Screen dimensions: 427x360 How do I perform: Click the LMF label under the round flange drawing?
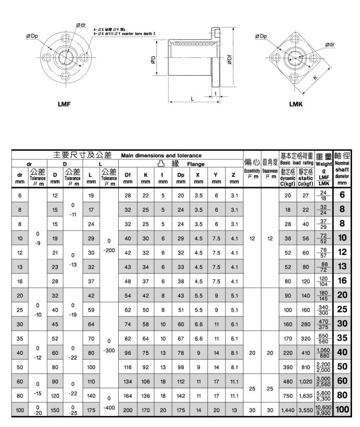click(64, 104)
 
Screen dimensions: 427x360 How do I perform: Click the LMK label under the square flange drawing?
click(295, 104)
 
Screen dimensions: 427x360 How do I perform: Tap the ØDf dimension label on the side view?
click(229, 59)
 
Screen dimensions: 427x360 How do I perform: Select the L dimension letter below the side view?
click(192, 99)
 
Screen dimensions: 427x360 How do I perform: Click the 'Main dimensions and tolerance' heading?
click(161, 156)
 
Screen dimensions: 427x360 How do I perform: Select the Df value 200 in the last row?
click(127, 410)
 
